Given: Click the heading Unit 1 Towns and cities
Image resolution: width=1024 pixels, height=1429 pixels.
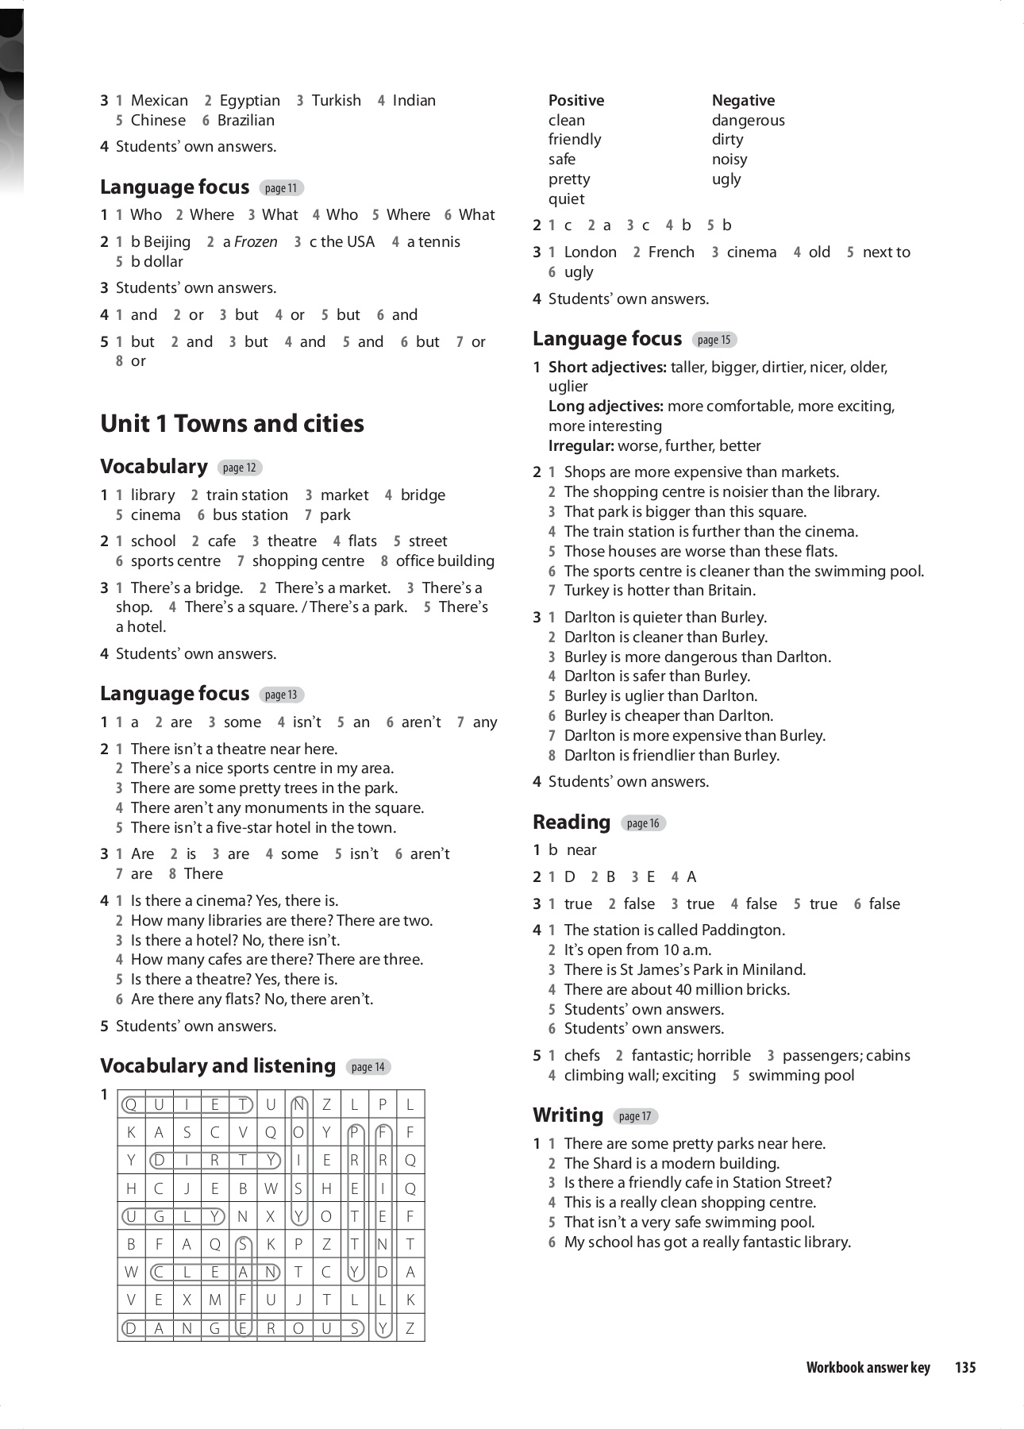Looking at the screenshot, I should tap(232, 424).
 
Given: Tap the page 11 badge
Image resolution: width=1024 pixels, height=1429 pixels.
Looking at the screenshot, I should tap(281, 188).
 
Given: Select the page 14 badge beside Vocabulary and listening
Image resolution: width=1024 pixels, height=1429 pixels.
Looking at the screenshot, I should tap(368, 1067).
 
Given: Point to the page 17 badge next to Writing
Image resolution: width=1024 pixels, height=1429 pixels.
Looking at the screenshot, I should tap(635, 1116).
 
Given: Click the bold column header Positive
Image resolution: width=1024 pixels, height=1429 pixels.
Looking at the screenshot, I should tap(576, 101).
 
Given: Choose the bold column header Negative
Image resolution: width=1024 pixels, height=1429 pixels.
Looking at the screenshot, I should tap(743, 101).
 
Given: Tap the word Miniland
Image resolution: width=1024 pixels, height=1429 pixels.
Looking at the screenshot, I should tap(771, 969).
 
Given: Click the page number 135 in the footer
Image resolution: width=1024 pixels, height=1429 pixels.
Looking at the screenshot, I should tap(965, 1367).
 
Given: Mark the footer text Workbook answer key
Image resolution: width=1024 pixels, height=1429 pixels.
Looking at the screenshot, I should tap(868, 1367).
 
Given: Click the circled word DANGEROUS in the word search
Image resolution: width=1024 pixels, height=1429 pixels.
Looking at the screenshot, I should tap(242, 1327).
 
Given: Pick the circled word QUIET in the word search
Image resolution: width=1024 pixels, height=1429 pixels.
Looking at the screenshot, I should tap(187, 1104).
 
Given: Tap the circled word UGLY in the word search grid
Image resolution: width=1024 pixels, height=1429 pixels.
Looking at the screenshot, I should tap(172, 1216).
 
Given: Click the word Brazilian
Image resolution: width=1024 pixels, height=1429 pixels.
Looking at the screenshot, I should tap(246, 121).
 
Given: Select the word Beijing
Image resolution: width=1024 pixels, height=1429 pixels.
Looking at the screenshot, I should tap(167, 242).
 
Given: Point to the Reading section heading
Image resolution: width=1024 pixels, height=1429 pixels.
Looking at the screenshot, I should tap(572, 822).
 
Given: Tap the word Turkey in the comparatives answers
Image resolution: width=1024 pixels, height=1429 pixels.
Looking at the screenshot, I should tap(587, 591).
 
